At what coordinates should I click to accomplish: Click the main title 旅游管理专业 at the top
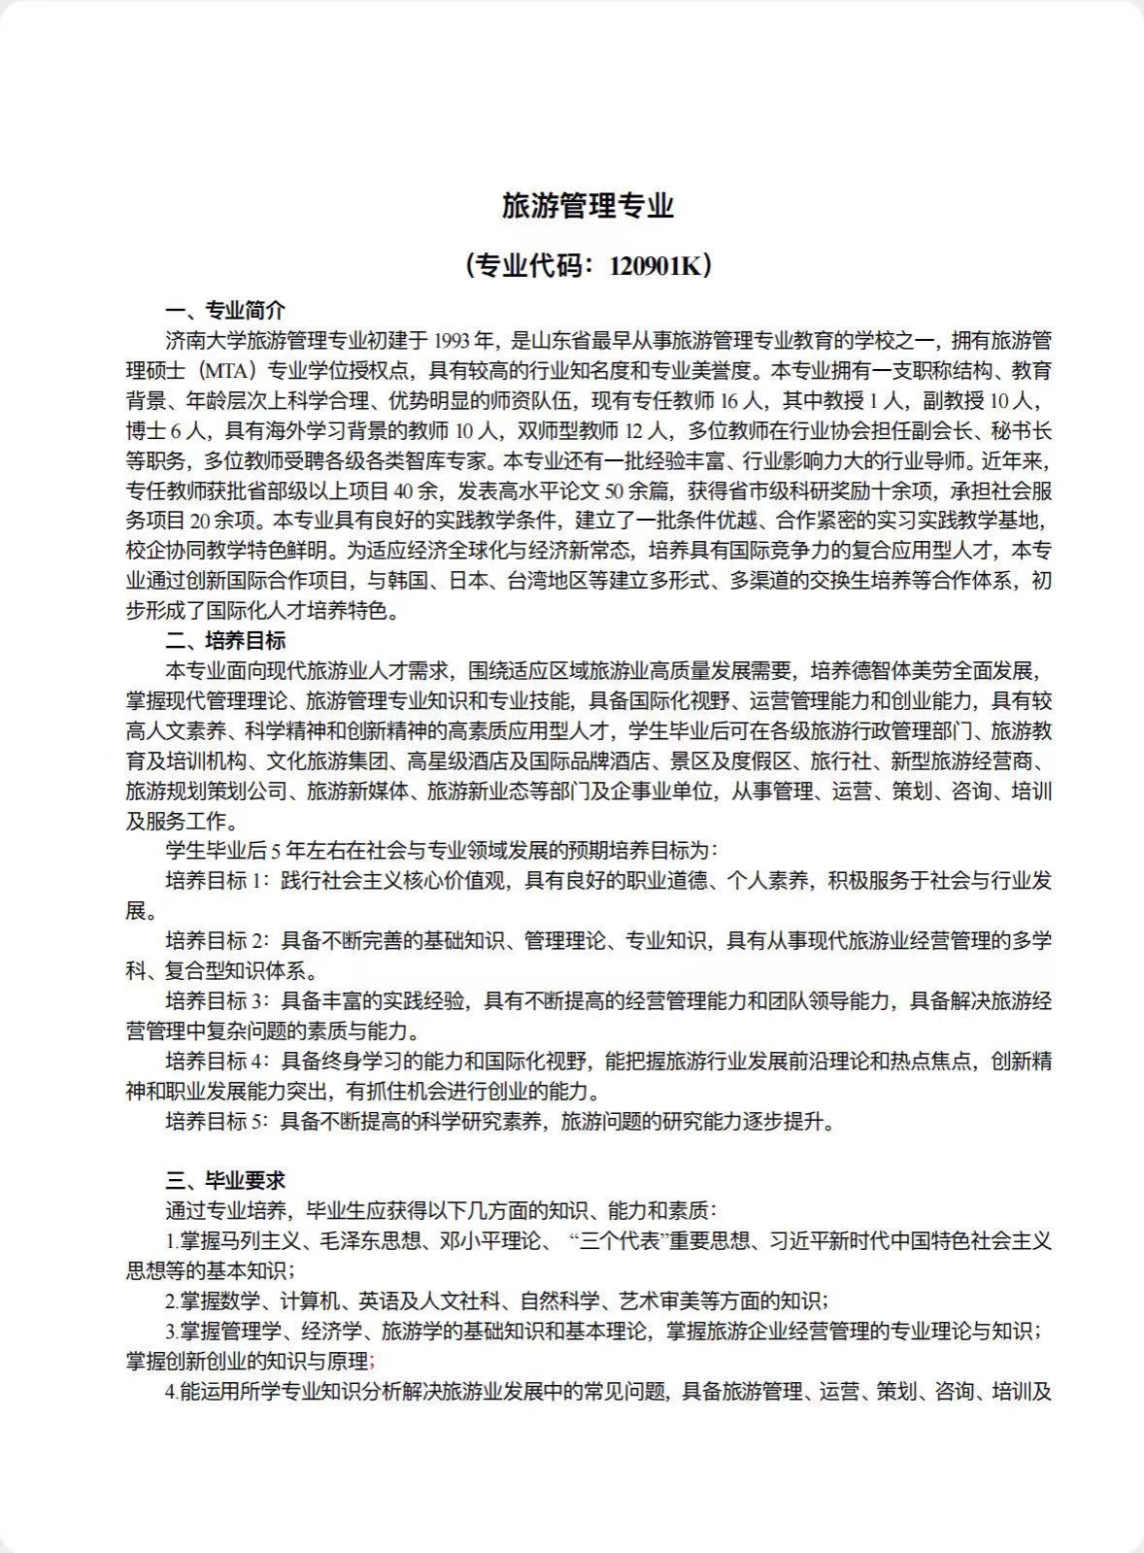point(587,206)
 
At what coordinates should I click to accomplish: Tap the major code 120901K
point(654,265)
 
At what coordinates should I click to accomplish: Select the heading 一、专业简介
point(225,311)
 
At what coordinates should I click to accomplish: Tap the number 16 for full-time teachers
point(731,400)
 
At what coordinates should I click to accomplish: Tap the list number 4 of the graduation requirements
point(170,1392)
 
